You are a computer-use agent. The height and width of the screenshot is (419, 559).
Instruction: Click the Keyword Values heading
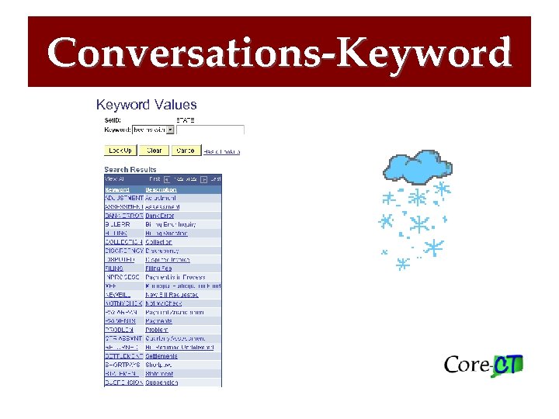click(146, 105)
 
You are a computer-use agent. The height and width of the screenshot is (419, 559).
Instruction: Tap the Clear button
click(155, 151)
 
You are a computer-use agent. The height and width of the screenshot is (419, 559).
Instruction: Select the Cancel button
click(186, 151)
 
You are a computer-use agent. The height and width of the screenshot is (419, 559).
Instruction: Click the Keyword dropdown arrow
click(170, 130)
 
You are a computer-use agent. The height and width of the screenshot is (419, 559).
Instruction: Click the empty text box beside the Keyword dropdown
click(210, 130)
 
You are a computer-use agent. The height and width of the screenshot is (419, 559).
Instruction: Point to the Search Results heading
click(130, 169)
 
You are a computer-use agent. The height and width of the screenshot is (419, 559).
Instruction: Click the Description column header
click(161, 189)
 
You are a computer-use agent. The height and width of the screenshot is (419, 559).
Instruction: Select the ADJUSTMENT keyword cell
click(124, 199)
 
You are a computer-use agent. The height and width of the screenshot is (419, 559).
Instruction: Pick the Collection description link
click(158, 242)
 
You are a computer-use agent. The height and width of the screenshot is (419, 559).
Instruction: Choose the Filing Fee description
click(158, 268)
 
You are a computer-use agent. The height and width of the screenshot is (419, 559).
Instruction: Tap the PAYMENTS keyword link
click(120, 320)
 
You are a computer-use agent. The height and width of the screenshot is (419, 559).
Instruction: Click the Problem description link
click(157, 330)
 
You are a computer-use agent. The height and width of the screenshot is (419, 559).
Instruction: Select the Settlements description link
click(161, 356)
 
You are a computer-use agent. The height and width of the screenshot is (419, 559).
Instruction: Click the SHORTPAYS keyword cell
click(123, 365)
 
